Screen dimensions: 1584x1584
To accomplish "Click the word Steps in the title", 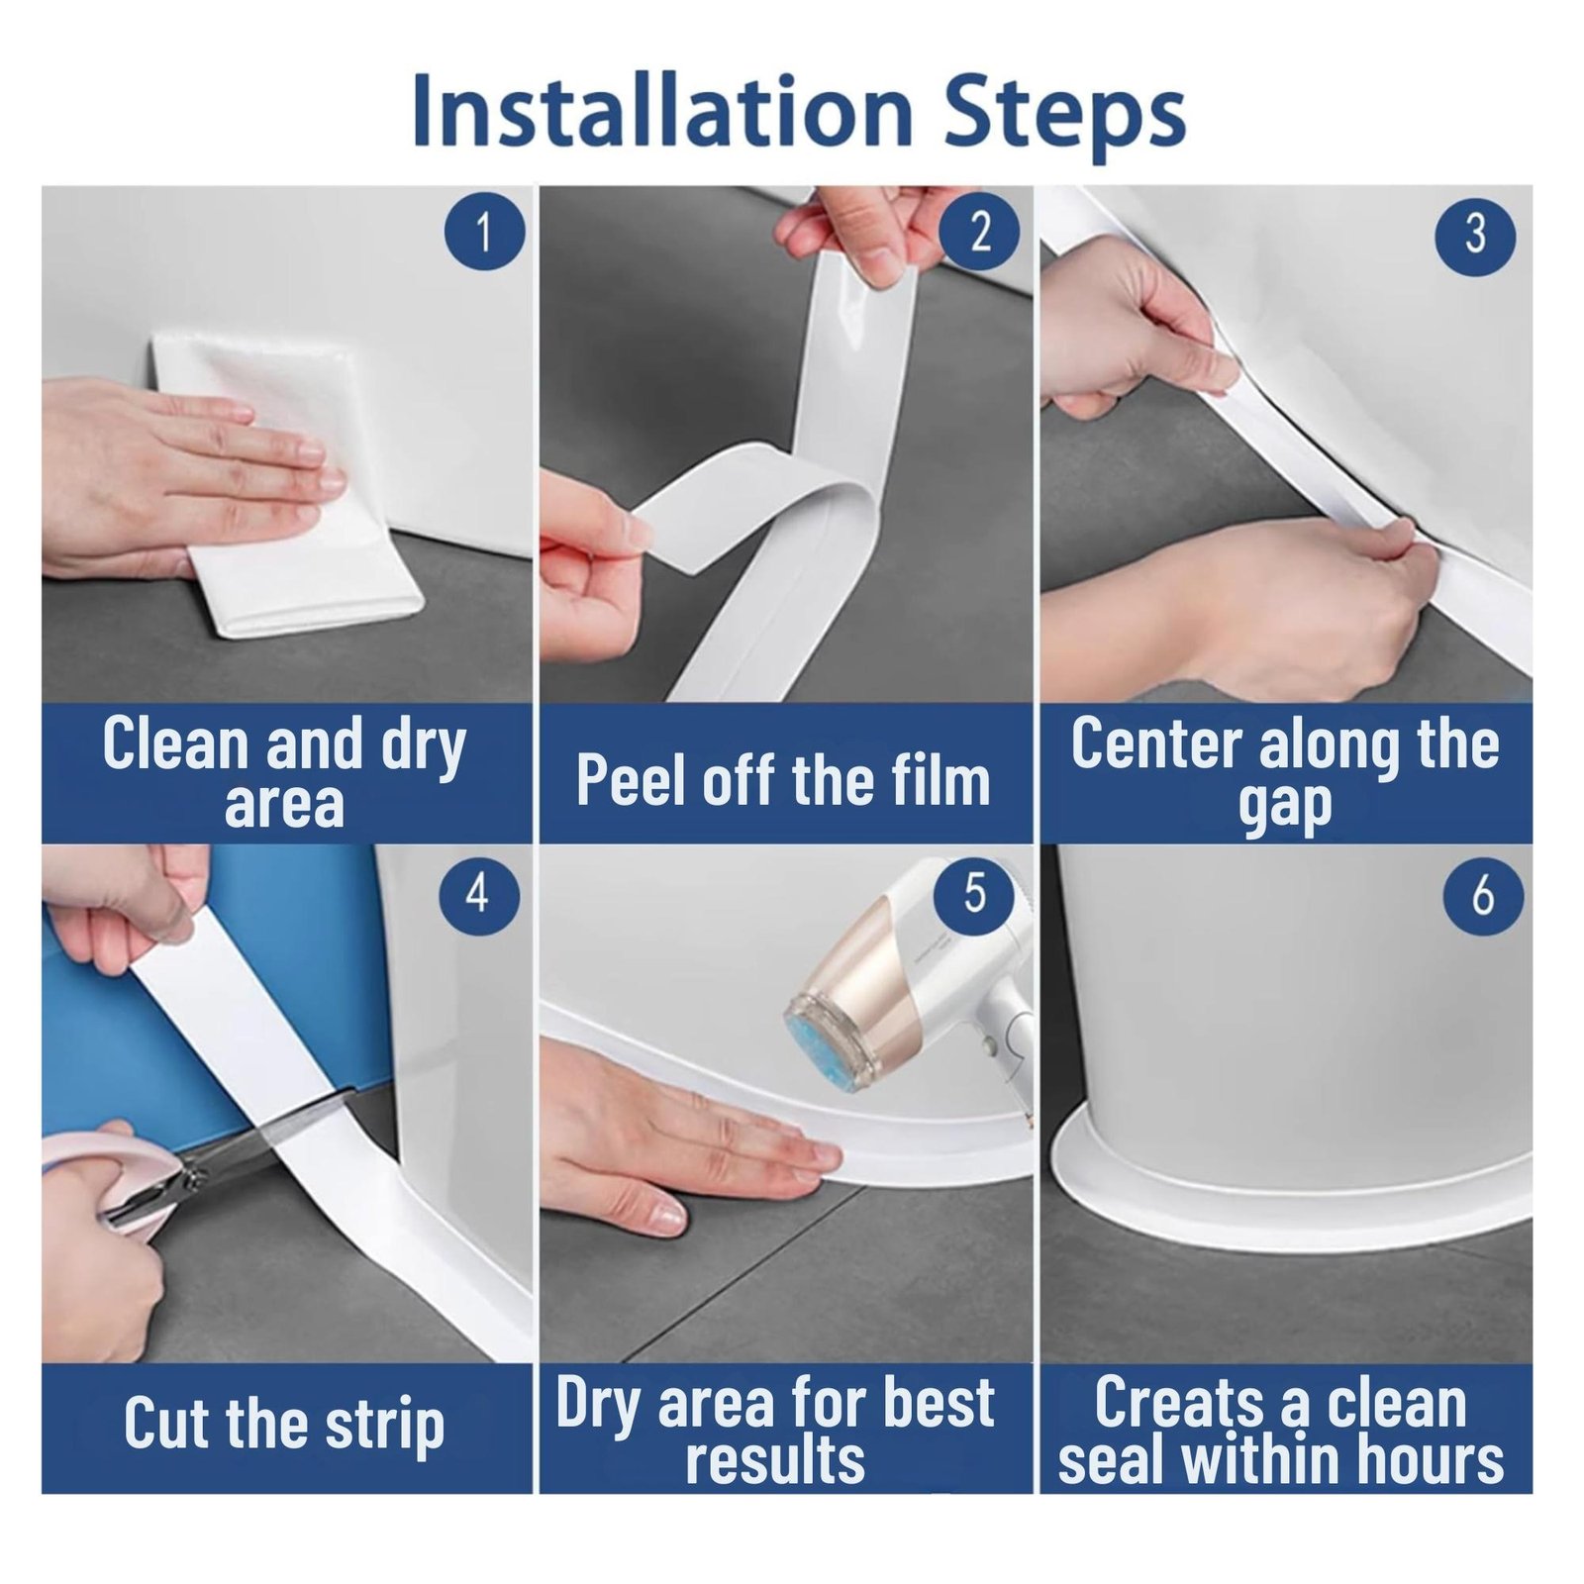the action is coord(1064,117).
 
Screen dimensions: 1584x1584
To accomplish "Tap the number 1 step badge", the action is coord(484,231).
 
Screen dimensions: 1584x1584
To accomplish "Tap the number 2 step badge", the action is coord(979,231).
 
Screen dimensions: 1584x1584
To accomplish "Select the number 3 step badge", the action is coord(1475,234).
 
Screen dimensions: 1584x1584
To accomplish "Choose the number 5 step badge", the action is coord(975,893).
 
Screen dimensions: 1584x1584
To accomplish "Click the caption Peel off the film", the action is coord(783,780).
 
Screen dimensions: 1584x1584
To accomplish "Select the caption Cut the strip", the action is coord(284,1427).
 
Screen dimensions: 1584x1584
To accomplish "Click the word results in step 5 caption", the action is coord(775,1460).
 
